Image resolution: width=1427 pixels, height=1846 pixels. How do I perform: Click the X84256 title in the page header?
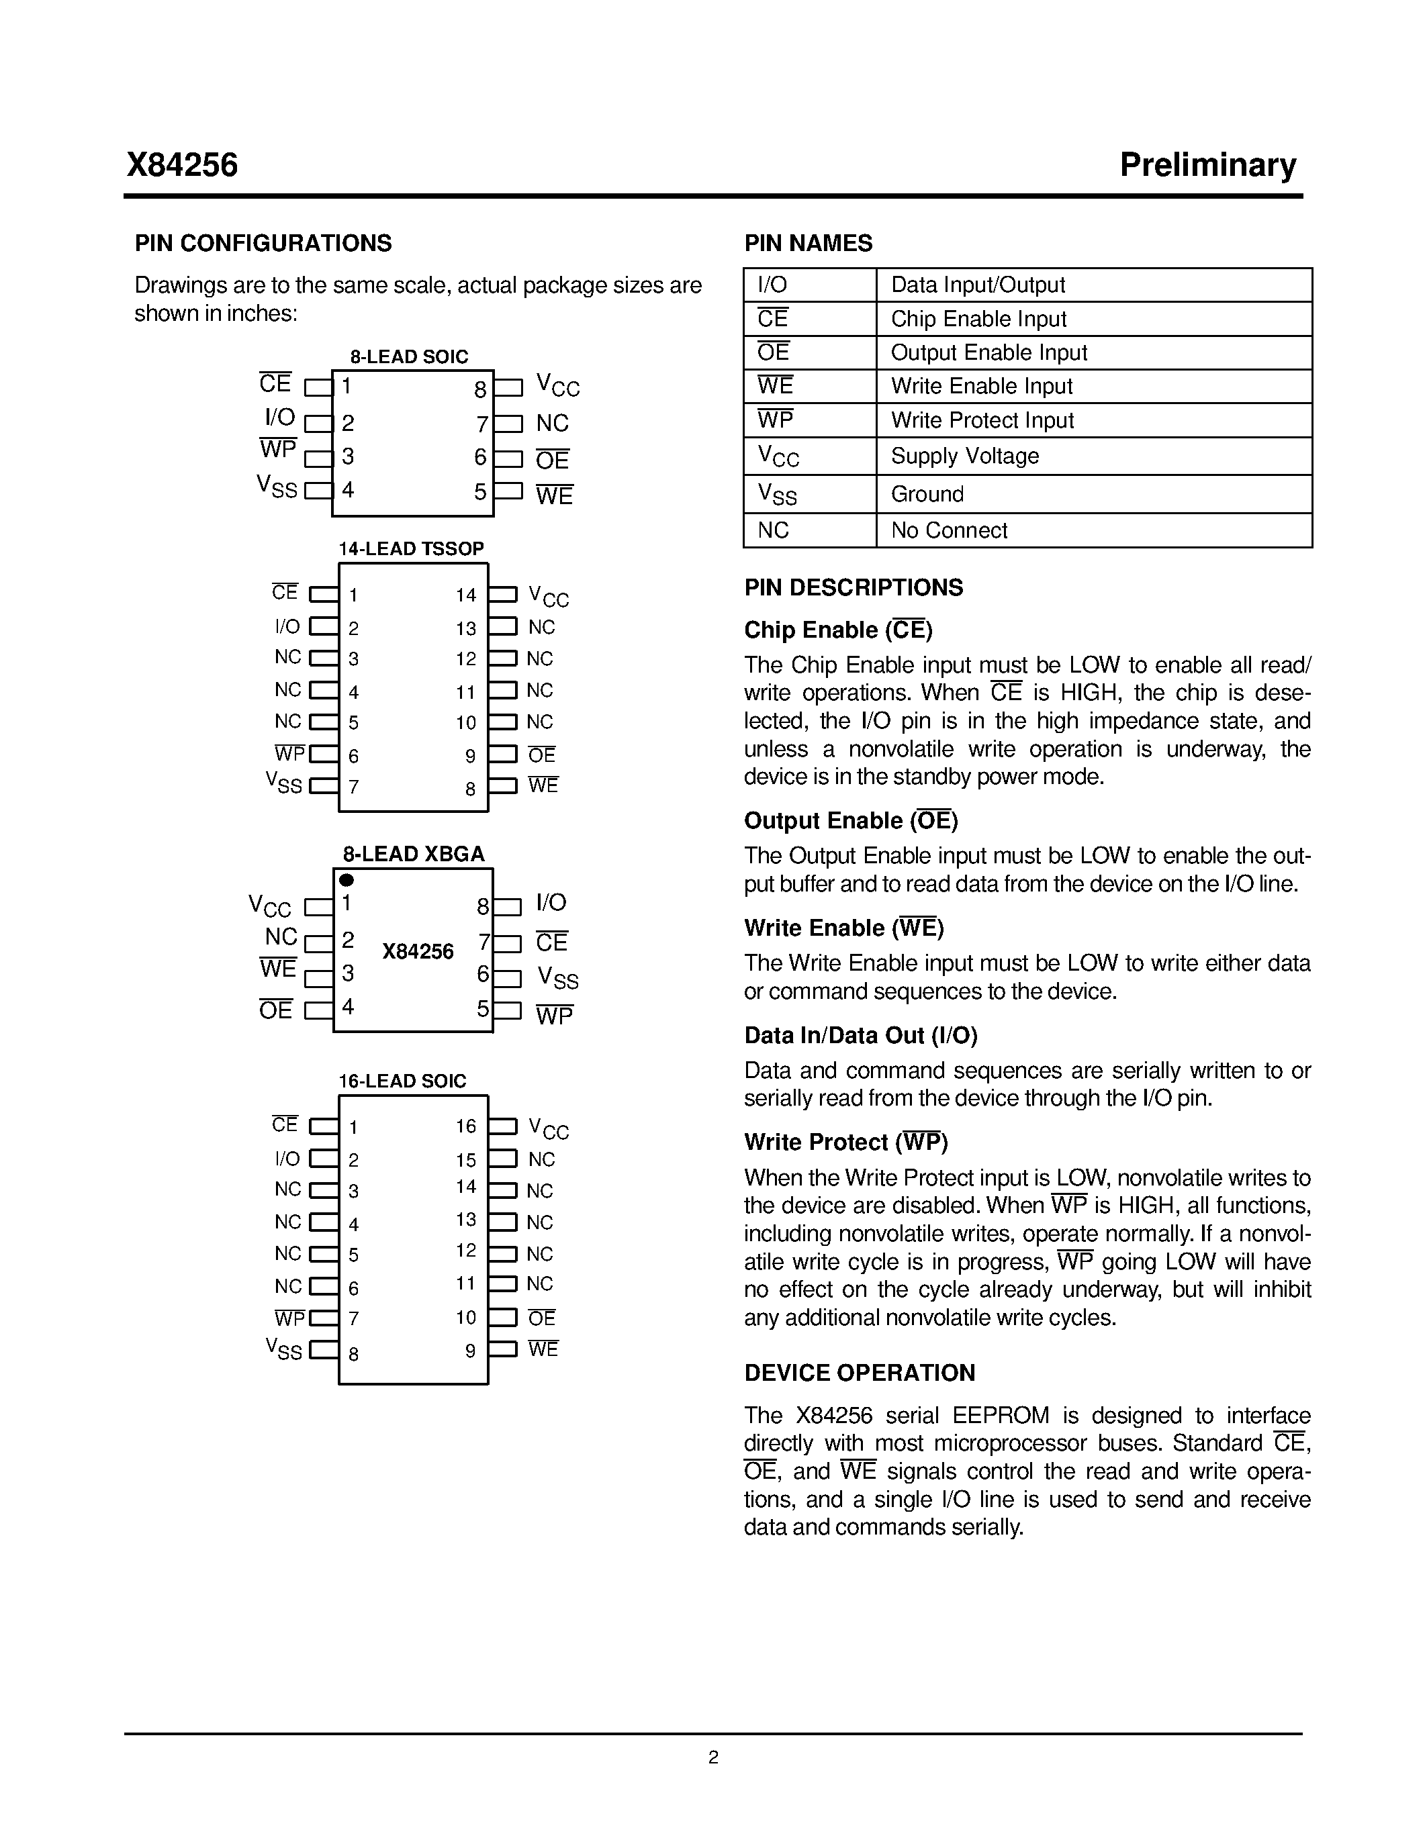[183, 165]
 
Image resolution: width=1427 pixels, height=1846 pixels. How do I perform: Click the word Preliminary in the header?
[1207, 165]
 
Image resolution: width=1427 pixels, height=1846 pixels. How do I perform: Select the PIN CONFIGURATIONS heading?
[263, 244]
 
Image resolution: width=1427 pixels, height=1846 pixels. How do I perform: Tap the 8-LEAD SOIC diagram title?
[409, 356]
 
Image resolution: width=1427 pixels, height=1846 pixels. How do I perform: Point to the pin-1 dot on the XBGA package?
[347, 880]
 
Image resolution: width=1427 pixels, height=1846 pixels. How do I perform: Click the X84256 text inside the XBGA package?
[418, 952]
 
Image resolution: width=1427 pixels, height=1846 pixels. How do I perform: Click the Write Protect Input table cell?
[982, 420]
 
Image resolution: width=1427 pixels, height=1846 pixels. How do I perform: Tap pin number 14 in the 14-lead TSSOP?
[466, 595]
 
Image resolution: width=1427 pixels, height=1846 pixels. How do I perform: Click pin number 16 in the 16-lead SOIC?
[466, 1126]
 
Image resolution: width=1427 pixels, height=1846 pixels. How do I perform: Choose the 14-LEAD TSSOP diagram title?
[411, 548]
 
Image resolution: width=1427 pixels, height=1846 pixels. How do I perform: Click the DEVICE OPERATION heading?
[859, 1373]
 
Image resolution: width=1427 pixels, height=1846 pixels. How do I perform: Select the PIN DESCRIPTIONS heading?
[853, 587]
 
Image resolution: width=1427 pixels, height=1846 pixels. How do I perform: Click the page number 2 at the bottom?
[712, 1757]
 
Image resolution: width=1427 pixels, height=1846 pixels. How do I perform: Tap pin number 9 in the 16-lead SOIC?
[470, 1351]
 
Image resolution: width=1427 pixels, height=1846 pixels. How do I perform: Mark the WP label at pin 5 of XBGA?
[554, 1015]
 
